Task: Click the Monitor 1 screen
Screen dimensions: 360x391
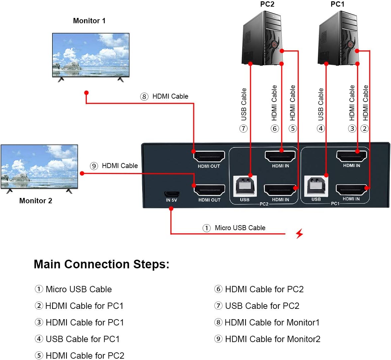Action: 91,55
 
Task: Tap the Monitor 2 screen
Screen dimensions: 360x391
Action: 39,166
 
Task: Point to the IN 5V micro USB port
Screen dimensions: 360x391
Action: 172,194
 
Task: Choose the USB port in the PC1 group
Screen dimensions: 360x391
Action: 316,186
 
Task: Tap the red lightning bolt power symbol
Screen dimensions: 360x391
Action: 299,233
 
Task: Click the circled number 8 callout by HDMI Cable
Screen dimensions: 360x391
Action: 144,97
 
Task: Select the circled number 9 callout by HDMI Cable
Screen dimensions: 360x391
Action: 94,166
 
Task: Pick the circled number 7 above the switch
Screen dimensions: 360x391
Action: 244,129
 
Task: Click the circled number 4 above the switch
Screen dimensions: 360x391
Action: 321,129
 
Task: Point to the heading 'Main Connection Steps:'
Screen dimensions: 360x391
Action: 102,264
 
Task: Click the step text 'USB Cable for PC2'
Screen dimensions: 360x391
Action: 262,306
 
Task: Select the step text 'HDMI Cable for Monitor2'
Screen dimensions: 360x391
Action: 273,339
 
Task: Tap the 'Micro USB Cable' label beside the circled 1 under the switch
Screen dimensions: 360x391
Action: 240,228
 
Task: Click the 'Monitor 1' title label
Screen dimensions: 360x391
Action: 89,21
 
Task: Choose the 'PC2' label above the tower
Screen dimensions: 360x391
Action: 267,4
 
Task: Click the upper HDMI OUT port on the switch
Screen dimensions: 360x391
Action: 209,156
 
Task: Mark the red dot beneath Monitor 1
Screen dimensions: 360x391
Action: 86,93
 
